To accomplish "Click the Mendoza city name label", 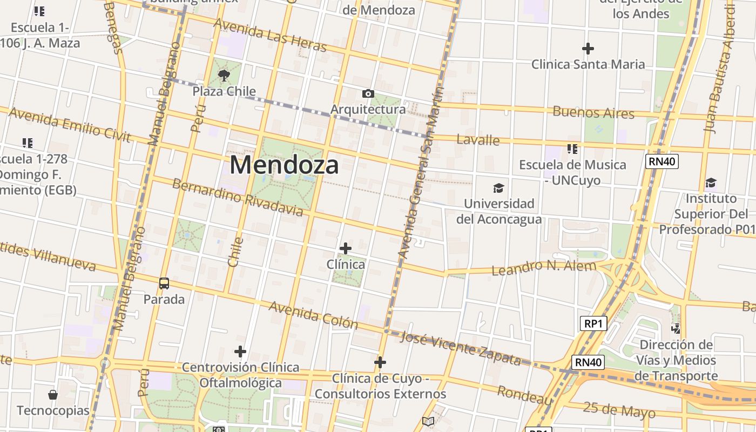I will click(284, 165).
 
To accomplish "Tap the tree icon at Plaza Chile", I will click(224, 76).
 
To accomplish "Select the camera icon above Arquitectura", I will click(368, 94).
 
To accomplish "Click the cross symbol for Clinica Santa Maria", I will click(588, 49).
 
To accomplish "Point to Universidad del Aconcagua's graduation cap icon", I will click(498, 188).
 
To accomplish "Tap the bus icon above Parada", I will click(164, 283).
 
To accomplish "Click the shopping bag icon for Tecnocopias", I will click(53, 395).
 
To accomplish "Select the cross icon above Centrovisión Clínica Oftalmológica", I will click(240, 352).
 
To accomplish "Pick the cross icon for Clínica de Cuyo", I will click(380, 362).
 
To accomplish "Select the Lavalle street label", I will click(478, 140).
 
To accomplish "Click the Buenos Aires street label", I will click(593, 113).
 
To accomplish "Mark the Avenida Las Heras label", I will click(270, 35).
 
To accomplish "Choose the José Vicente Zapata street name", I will click(462, 348).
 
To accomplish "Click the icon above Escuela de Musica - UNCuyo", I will click(572, 148).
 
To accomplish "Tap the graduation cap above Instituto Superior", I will click(711, 183).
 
